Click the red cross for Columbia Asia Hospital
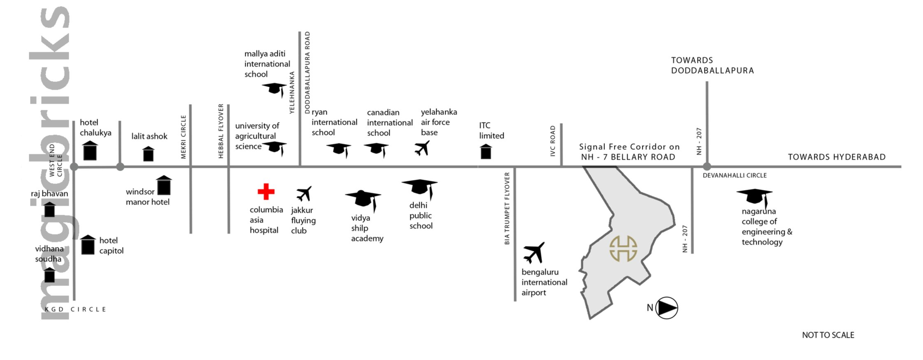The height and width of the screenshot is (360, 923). tap(266, 191)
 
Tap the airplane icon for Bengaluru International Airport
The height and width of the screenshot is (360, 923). tap(534, 252)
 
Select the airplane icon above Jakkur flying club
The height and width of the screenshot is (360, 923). tap(304, 193)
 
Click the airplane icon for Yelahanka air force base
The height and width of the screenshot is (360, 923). tap(422, 148)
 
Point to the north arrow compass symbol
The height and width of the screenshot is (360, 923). tap(666, 308)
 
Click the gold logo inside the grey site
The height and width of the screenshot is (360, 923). tap(623, 249)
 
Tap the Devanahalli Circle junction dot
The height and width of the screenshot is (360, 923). tap(707, 167)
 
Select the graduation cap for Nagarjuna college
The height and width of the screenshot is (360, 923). tap(754, 196)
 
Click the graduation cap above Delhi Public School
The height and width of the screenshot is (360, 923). tap(420, 187)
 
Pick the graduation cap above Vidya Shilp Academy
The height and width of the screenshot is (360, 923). tap(363, 198)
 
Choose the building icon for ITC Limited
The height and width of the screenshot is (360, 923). tap(486, 151)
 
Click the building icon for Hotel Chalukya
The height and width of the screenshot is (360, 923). tap(90, 151)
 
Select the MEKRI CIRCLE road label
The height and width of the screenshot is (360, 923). tap(184, 137)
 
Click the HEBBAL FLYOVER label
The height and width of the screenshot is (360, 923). tap(221, 131)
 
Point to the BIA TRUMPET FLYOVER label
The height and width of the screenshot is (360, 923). tap(507, 208)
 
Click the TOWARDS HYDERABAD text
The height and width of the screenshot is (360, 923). tap(837, 157)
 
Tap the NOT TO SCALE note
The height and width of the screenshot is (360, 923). tap(828, 335)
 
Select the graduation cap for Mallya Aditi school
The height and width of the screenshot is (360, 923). tap(274, 88)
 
